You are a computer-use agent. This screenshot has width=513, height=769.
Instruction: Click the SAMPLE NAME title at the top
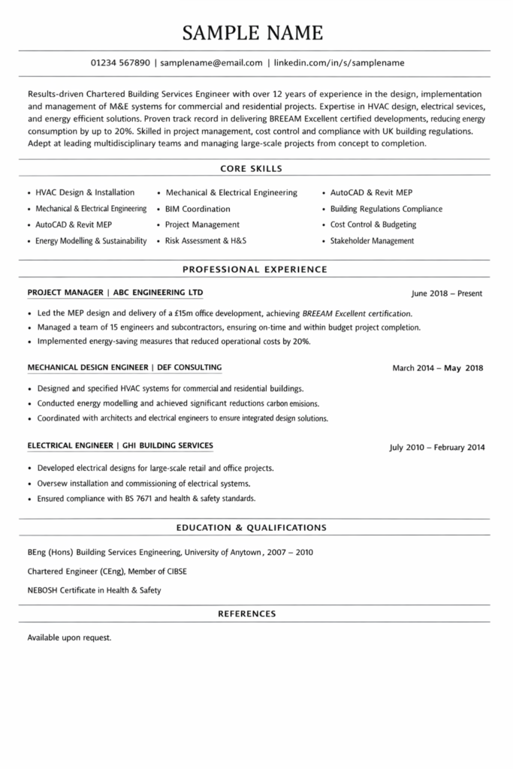(x=254, y=32)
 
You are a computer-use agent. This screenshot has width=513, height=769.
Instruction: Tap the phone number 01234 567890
(x=120, y=63)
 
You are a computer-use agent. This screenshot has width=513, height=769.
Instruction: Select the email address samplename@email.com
(x=211, y=63)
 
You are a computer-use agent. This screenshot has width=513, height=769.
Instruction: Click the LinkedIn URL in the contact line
(x=339, y=63)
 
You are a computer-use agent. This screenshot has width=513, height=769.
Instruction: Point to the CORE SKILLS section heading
(x=252, y=168)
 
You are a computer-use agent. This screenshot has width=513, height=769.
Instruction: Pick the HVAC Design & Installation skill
(x=85, y=192)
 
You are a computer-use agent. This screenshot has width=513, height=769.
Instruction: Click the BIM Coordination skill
(x=198, y=209)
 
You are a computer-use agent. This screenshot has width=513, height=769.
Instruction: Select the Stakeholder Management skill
(x=372, y=241)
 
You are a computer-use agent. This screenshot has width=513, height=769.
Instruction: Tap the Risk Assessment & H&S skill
(x=206, y=241)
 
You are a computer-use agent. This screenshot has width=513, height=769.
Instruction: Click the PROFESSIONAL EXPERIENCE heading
(x=255, y=268)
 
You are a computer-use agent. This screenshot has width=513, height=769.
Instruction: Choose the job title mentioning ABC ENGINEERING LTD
(x=115, y=292)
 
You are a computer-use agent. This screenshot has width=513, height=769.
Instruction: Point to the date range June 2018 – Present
(x=447, y=294)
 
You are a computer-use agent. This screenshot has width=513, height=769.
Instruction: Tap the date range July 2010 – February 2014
(x=436, y=448)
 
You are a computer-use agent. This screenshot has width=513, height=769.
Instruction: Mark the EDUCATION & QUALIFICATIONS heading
(x=251, y=528)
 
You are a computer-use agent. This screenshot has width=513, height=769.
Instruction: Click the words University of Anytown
(x=223, y=552)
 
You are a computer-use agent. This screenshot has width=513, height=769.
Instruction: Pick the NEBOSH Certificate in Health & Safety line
(x=94, y=590)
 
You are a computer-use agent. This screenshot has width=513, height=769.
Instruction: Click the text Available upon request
(x=69, y=638)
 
